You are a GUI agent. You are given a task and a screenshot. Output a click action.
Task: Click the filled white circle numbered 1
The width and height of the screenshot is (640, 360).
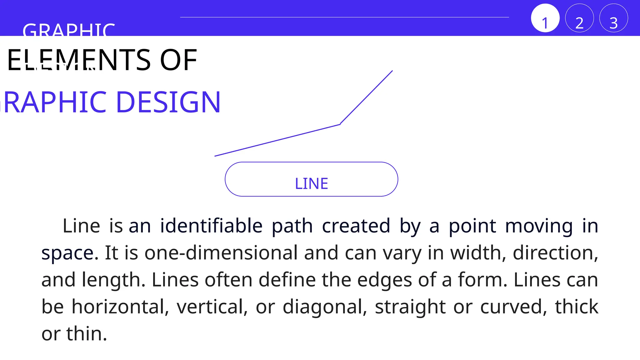pos(545,18)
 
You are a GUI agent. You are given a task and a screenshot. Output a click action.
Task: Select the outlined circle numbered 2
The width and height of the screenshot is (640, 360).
pos(579,18)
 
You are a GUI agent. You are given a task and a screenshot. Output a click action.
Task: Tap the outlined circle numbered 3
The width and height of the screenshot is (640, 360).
pos(613,18)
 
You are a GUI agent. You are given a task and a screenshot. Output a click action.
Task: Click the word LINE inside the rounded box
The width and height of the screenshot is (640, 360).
pos(311,184)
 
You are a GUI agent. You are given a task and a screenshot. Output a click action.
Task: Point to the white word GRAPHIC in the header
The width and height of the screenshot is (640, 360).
pos(69,30)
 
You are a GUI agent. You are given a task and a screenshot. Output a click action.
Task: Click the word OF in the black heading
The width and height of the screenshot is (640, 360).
pos(178,60)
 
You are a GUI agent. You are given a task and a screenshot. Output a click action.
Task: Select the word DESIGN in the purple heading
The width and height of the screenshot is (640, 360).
pos(168,102)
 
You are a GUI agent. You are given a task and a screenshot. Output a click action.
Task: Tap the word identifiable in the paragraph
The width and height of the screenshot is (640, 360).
pos(211,226)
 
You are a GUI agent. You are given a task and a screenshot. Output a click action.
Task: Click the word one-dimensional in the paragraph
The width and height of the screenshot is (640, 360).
pos(221,252)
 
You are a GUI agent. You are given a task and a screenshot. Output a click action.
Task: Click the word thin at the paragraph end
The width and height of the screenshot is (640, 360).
pos(86,333)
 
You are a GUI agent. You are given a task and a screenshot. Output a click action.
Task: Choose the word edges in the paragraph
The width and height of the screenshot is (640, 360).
pos(384,280)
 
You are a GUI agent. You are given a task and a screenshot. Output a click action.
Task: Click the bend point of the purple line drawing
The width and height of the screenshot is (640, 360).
pos(340,124)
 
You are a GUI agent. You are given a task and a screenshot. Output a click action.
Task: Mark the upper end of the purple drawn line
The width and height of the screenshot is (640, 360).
pos(392,71)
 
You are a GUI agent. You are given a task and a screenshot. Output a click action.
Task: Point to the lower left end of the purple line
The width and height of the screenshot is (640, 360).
pos(215,156)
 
